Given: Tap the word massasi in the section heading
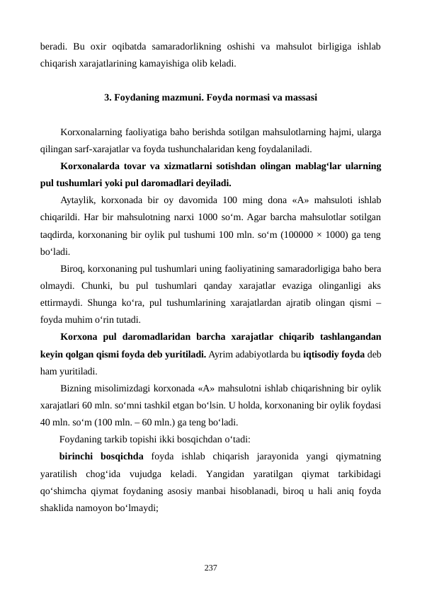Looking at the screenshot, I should coord(300,96).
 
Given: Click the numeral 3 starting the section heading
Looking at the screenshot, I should coord(106,96).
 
